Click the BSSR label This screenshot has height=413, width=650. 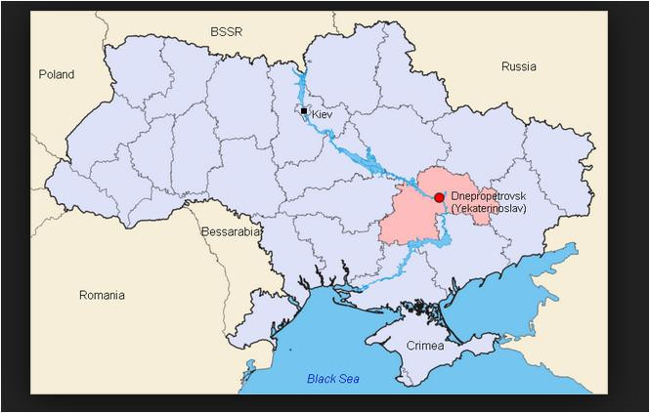click(226, 32)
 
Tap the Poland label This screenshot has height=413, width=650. click(57, 74)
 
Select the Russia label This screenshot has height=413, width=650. click(518, 66)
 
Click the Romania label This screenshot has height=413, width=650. click(102, 294)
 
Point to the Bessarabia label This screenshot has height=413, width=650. click(231, 232)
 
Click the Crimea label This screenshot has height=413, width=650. click(425, 346)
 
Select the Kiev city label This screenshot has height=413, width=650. click(323, 114)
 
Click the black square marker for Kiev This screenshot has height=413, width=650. click(304, 111)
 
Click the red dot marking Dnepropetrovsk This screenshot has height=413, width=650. click(439, 197)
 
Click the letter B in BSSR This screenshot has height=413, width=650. click(214, 32)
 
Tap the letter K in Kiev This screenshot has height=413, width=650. click(315, 114)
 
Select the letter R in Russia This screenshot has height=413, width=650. click(504, 66)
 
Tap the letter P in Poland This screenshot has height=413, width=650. click(42, 74)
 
